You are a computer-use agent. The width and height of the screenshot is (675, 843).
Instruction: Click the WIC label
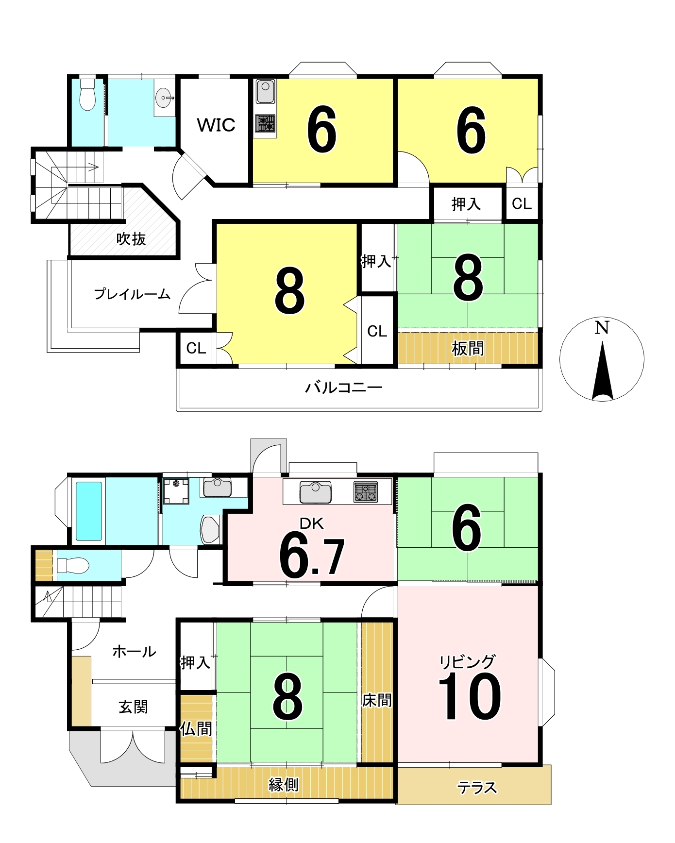(x=216, y=125)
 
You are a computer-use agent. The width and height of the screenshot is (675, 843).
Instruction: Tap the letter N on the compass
(x=602, y=328)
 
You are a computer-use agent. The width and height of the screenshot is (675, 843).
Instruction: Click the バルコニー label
(x=344, y=388)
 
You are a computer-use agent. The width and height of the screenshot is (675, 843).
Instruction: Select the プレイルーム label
(x=132, y=294)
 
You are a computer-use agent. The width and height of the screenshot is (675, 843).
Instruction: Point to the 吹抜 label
(x=131, y=239)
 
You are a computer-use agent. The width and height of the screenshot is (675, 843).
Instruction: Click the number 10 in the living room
(x=470, y=697)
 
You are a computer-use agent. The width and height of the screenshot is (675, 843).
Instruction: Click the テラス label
(x=477, y=787)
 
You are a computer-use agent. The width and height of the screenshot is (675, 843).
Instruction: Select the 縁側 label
(x=284, y=784)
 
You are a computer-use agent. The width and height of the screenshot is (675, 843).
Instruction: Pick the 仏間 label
(x=196, y=728)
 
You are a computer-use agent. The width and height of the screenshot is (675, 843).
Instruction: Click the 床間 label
(x=377, y=700)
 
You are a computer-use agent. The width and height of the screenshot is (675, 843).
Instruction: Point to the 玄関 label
(x=134, y=707)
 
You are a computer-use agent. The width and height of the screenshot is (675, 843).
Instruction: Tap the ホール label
(x=134, y=652)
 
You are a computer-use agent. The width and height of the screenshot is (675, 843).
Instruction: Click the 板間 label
(x=468, y=348)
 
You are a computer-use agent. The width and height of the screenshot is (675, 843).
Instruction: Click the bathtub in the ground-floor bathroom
(x=89, y=511)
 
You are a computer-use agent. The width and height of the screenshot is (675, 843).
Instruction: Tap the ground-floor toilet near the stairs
(x=73, y=565)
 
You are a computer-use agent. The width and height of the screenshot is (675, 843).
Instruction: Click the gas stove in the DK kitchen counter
(x=365, y=491)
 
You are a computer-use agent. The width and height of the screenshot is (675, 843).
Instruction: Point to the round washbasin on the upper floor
(x=164, y=98)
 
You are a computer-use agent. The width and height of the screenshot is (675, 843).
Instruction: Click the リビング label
(x=467, y=661)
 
